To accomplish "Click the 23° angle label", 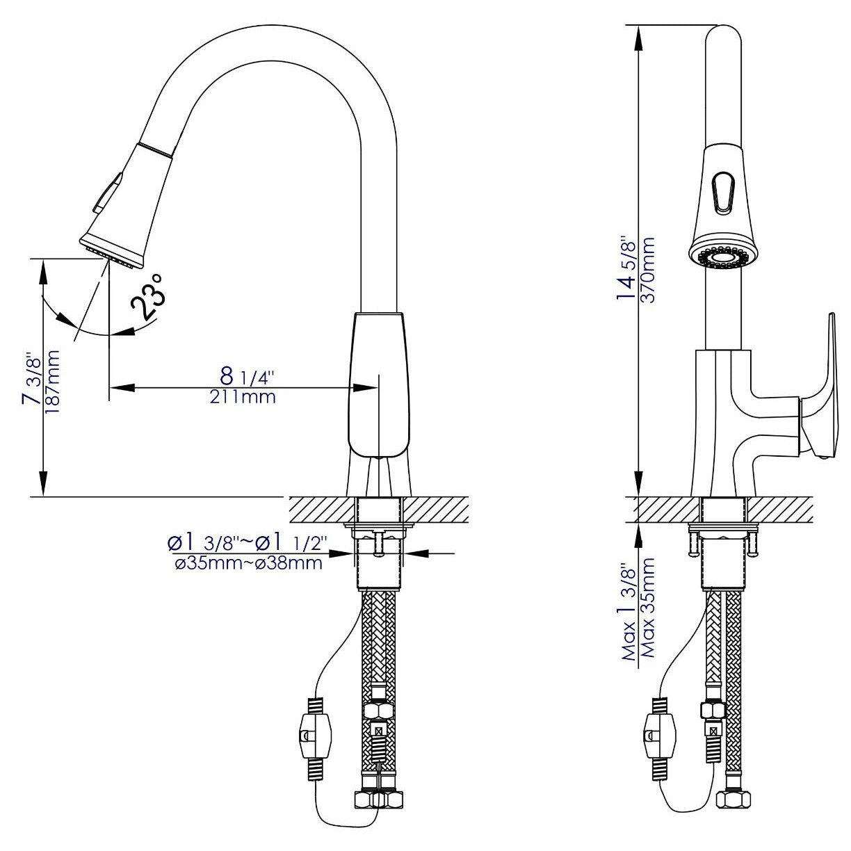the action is (147, 295).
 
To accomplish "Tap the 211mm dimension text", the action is (243, 397).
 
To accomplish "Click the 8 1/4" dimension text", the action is (247, 376).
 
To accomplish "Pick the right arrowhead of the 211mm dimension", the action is (366, 388).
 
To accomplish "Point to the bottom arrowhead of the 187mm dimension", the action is (43, 483).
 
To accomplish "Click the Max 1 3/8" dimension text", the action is (628, 619).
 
